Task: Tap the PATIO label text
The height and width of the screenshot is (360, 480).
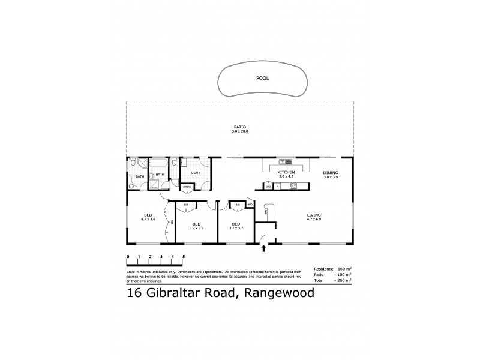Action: click(x=240, y=127)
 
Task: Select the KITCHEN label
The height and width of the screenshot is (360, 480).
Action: click(x=285, y=172)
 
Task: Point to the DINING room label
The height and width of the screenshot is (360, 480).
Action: click(x=331, y=172)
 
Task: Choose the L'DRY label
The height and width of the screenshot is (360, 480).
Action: click(x=195, y=173)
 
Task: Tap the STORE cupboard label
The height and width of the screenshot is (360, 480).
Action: click(x=187, y=187)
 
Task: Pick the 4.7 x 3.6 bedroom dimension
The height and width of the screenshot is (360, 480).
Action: click(x=148, y=219)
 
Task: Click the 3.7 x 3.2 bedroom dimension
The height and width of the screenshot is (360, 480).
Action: click(x=236, y=228)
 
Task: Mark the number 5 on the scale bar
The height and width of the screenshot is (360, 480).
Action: click(x=183, y=257)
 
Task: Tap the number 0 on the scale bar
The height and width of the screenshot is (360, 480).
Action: click(x=128, y=257)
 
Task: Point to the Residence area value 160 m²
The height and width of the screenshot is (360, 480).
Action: click(x=343, y=268)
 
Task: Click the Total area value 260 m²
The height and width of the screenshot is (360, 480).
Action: click(x=343, y=280)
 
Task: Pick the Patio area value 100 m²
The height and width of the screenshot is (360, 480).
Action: click(x=343, y=274)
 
